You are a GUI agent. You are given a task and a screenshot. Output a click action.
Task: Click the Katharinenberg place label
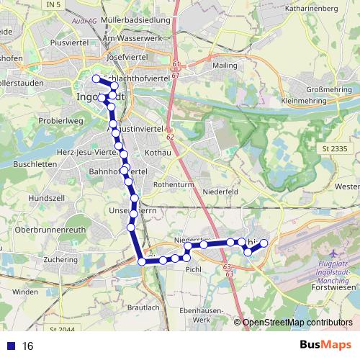[x=312, y=9]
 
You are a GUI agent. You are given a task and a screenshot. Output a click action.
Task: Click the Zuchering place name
[x=60, y=258]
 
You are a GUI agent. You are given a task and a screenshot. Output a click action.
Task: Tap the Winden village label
[x=24, y=292]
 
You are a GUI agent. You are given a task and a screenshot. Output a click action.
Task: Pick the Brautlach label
[x=143, y=307]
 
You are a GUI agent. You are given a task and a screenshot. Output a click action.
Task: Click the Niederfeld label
[x=220, y=192]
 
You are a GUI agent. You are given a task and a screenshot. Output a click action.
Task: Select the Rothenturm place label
[x=170, y=184]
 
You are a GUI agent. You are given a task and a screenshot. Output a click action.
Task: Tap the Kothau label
[x=156, y=153]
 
